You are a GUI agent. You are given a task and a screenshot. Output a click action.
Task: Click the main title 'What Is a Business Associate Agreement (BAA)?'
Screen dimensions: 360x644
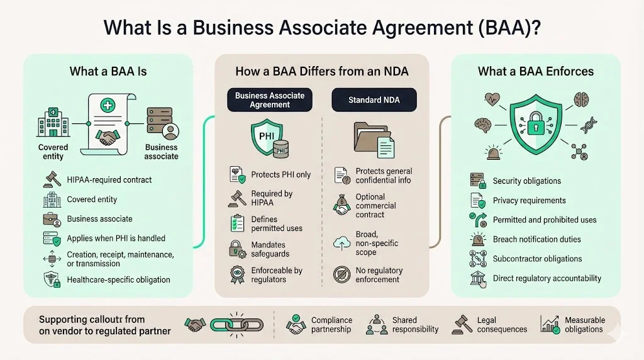(x=322, y=28)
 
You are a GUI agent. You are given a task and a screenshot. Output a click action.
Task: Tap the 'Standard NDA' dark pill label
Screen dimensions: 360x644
(x=374, y=100)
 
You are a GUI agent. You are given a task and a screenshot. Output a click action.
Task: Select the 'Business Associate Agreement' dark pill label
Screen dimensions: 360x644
(x=270, y=100)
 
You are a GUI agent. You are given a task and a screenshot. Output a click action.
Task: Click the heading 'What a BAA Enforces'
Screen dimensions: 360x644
(x=536, y=71)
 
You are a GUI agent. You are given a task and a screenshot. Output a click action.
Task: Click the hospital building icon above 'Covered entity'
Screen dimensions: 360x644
(x=52, y=125)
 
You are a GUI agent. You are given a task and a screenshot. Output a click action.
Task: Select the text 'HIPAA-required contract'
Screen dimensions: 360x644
(x=109, y=180)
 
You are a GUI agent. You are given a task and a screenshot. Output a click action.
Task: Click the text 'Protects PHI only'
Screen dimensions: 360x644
(x=280, y=174)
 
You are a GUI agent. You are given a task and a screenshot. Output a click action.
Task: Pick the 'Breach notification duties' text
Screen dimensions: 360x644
(x=537, y=239)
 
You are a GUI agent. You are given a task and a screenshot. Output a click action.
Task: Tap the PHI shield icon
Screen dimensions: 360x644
(x=267, y=139)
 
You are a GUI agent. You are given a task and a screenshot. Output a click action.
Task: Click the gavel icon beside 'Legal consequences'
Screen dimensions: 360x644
(x=461, y=325)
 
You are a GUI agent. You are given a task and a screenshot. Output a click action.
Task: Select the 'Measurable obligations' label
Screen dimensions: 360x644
(x=585, y=325)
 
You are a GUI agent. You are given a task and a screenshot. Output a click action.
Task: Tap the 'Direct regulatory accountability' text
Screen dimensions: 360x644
(x=547, y=278)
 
